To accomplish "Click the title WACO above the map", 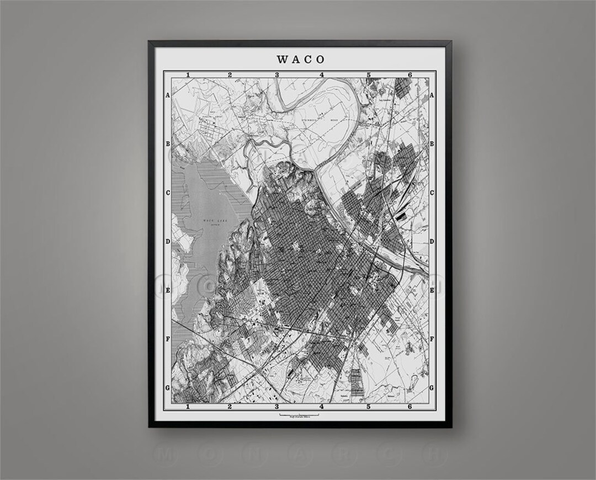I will pos(301,58).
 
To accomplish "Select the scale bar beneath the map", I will pos(299,414).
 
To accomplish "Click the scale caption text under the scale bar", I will pos(299,418).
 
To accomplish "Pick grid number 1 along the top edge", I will pos(189,74).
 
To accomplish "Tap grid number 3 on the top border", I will pos(278,74).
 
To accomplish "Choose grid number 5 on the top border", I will pos(368,74).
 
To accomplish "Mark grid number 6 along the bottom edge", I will pos(409,407).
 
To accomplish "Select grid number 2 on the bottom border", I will pos(230,407).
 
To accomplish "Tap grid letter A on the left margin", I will pos(167,95).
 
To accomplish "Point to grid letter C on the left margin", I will pos(167,193).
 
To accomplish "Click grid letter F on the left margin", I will pos(167,339).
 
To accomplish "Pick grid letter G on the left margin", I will pos(167,388).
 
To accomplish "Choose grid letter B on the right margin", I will pos(432,143).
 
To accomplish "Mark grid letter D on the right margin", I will pos(432,241).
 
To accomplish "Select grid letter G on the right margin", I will pos(432,388).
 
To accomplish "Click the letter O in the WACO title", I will pos(321,58).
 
